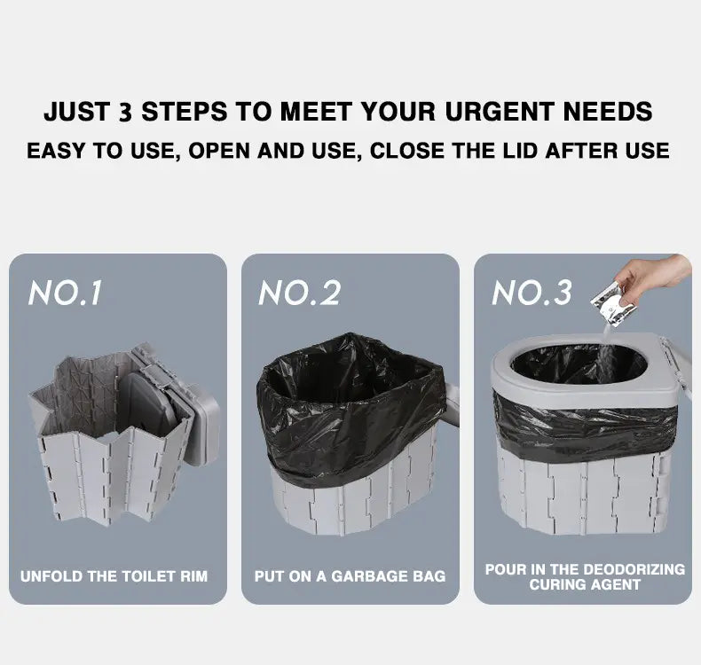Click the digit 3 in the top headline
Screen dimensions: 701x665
pyautogui.click(x=126, y=112)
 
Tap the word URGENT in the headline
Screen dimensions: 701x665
pyautogui.click(x=500, y=112)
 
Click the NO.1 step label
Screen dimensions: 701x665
pyautogui.click(x=66, y=293)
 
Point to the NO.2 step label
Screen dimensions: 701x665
pyautogui.click(x=300, y=293)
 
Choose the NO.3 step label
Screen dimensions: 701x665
pyautogui.click(x=532, y=293)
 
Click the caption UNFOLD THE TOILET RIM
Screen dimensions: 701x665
pyautogui.click(x=114, y=576)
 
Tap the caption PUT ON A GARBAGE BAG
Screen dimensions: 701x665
pyautogui.click(x=350, y=576)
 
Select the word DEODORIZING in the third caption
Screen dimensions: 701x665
pyautogui.click(x=634, y=569)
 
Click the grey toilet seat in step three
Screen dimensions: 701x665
pyautogui.click(x=581, y=371)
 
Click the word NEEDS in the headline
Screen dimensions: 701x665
pyautogui.click(x=608, y=112)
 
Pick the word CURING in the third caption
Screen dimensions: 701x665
pyautogui.click(x=559, y=584)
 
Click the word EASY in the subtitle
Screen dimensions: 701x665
pyautogui.click(x=57, y=151)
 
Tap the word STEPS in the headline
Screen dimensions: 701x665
pyautogui.click(x=185, y=112)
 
